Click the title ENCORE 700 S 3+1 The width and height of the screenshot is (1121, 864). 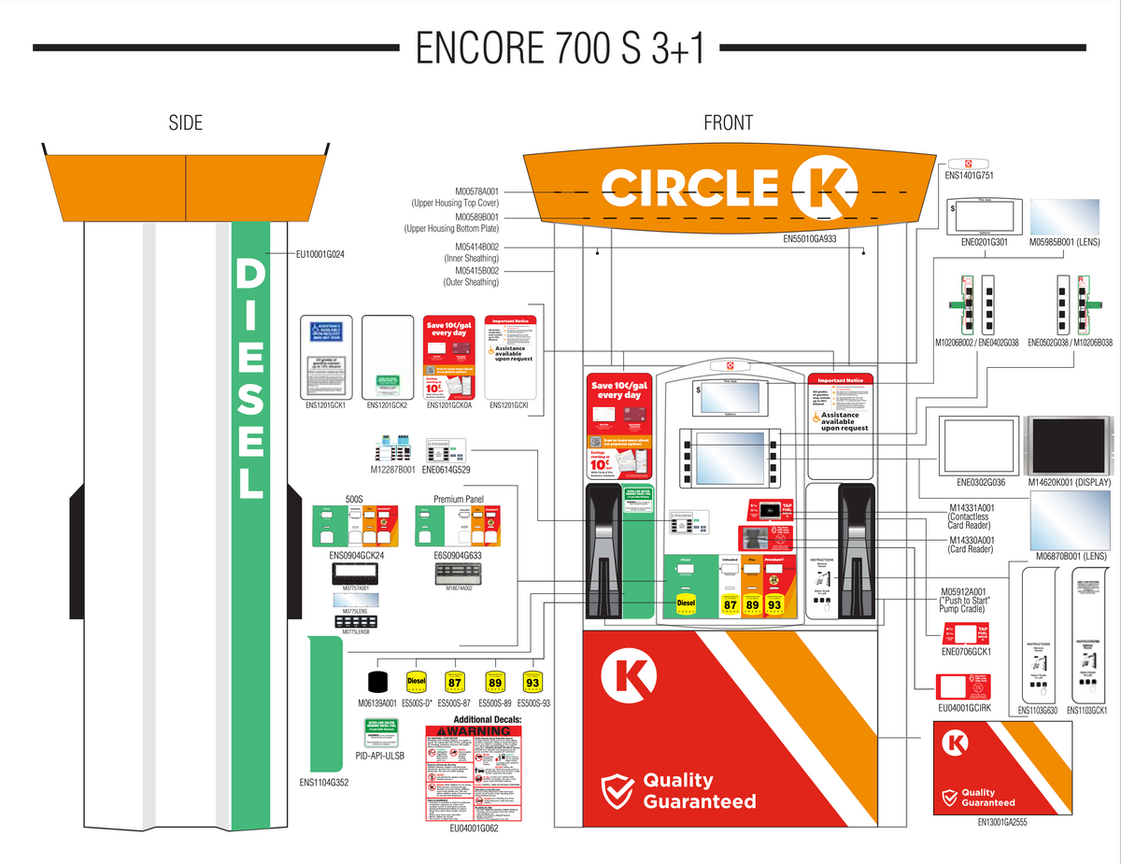[560, 48]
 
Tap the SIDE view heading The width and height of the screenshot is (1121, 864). [185, 122]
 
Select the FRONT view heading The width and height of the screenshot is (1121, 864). [728, 122]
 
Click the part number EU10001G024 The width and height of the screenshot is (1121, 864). [320, 253]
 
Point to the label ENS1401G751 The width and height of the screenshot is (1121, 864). [969, 175]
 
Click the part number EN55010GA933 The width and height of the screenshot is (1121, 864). [809, 239]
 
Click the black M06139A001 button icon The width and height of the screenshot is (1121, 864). [378, 682]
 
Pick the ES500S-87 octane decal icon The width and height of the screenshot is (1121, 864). [454, 682]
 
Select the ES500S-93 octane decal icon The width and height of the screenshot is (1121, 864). [532, 682]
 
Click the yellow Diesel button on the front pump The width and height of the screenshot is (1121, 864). [687, 604]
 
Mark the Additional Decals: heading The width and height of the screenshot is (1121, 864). [488, 719]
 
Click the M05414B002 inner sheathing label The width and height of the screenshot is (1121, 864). [471, 247]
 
